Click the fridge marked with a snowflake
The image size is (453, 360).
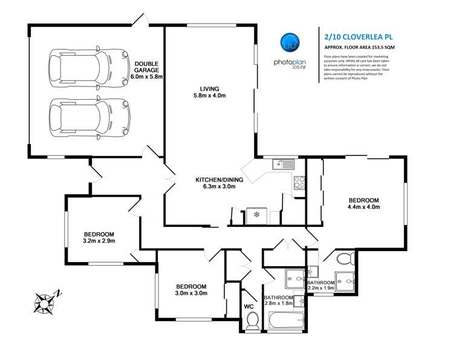coord(256,215)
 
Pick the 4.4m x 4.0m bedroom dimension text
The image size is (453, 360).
coord(362,208)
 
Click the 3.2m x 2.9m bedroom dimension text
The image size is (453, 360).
coord(99,241)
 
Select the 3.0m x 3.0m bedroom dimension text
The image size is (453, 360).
coord(191,293)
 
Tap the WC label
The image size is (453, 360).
coord(249,307)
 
